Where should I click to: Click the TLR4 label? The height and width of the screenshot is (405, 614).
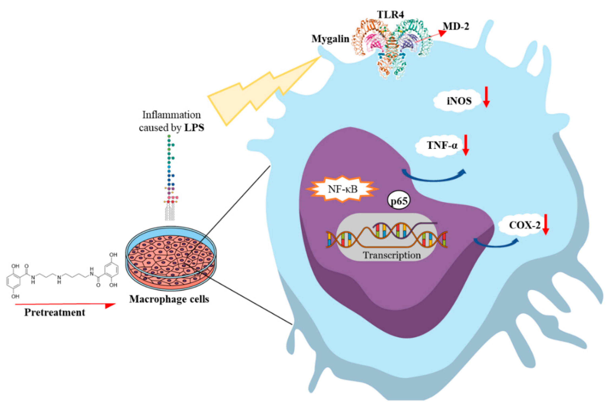click(x=390, y=14)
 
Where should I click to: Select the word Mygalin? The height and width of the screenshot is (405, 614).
click(x=330, y=39)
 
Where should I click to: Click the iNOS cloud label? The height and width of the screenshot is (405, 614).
click(x=459, y=101)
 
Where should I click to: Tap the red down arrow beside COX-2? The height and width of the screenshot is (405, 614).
click(x=546, y=224)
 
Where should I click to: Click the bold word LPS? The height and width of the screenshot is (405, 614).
click(x=194, y=128)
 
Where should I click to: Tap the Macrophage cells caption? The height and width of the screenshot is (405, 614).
click(x=169, y=299)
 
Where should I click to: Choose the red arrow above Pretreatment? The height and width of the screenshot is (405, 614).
click(x=65, y=305)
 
